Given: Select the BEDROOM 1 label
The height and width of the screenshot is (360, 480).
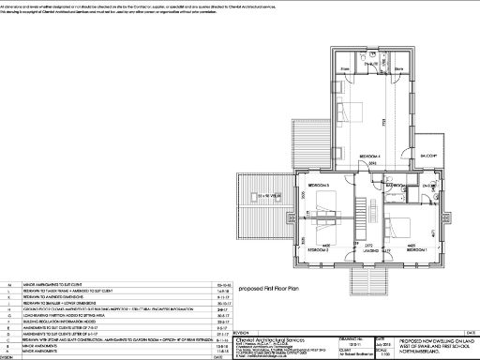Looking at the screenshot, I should (414, 251).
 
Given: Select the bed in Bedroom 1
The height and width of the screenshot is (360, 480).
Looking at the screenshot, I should (399, 225).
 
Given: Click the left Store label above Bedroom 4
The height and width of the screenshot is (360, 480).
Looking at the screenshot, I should (345, 68).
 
